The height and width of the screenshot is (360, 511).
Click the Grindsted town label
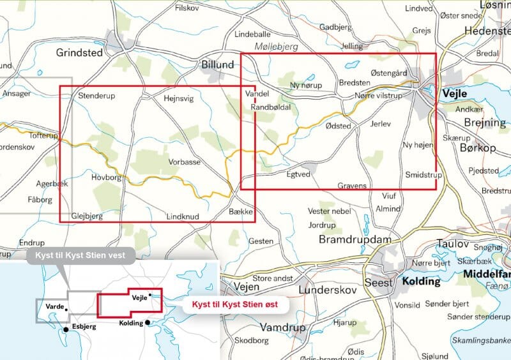[x=79, y=53]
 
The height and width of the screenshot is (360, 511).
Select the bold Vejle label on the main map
[x=454, y=93]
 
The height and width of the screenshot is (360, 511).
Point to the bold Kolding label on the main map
[x=421, y=281]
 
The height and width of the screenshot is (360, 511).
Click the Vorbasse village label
[x=185, y=162]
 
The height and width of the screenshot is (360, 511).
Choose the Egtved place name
[x=298, y=173]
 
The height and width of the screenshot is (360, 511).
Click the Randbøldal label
[x=271, y=107]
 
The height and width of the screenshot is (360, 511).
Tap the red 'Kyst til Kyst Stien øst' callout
[x=236, y=306]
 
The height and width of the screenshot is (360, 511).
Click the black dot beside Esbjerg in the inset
[x=65, y=329]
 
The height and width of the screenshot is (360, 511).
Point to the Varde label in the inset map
[x=54, y=306]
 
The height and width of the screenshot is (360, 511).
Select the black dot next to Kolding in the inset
[x=148, y=322]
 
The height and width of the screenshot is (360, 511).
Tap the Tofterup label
[x=43, y=136]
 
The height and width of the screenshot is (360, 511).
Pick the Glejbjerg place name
[x=88, y=216]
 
